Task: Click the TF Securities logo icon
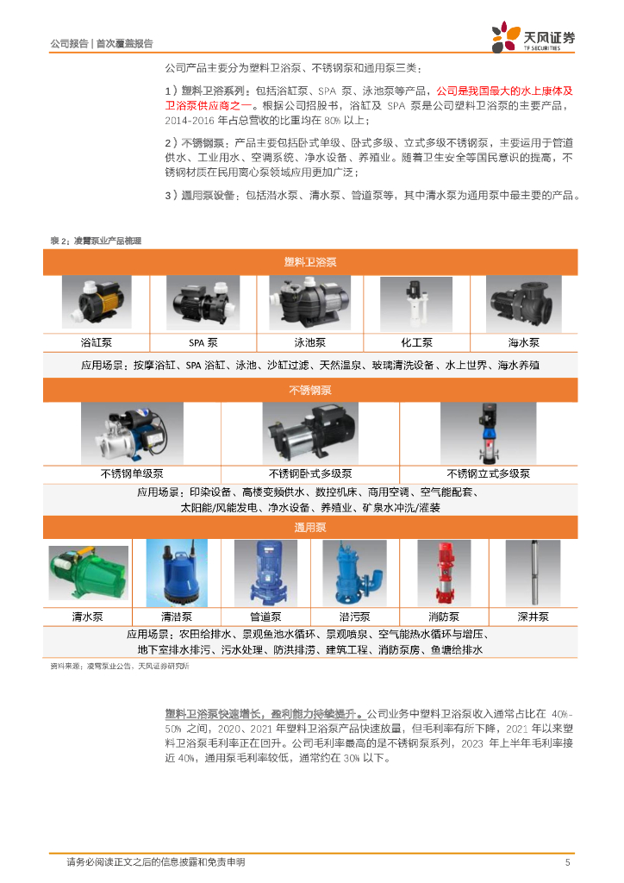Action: [x=505, y=37]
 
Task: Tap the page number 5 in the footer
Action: [x=567, y=862]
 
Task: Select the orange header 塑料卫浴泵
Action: [x=310, y=262]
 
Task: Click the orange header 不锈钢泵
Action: [x=310, y=390]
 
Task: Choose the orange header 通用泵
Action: [x=310, y=528]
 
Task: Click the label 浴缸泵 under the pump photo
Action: [x=97, y=342]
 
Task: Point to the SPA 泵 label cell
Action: [x=203, y=342]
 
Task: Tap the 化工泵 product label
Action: [x=417, y=342]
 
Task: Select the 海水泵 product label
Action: [x=524, y=342]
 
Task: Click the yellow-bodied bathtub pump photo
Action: [x=97, y=303]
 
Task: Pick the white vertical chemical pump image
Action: [x=416, y=304]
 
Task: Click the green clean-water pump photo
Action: [x=88, y=573]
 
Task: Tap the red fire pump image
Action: [x=444, y=573]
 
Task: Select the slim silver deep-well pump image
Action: [x=533, y=573]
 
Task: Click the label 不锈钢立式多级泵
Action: [x=489, y=473]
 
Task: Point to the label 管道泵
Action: [x=265, y=617]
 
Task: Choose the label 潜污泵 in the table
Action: [x=354, y=617]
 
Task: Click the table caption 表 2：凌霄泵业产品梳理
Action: [x=96, y=241]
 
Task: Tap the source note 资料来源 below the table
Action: [x=120, y=667]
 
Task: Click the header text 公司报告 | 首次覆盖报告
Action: [x=102, y=43]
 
